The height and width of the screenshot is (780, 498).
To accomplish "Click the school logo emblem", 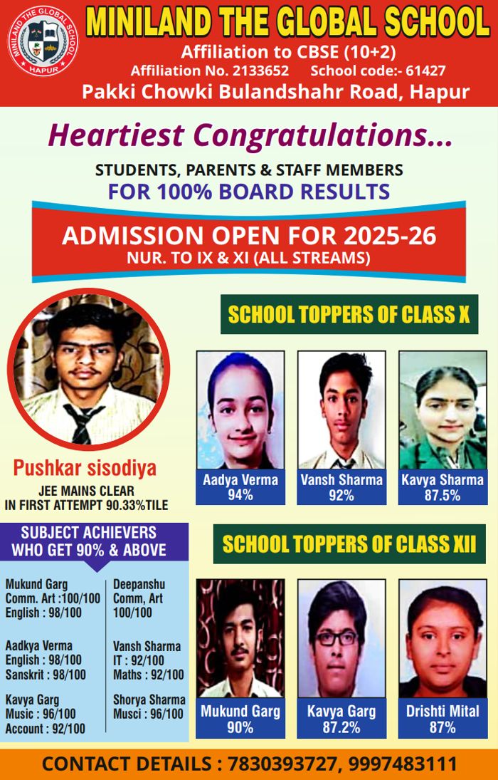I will pyautogui.click(x=43, y=41).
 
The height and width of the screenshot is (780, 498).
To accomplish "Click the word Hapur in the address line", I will pyautogui.click(x=441, y=92).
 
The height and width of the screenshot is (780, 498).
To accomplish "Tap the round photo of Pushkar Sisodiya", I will pyautogui.click(x=88, y=368).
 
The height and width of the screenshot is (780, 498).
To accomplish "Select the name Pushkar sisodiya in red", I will pyautogui.click(x=85, y=469).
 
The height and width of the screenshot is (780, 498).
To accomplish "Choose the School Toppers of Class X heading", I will pyautogui.click(x=349, y=315).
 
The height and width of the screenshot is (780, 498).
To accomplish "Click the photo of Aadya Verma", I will pyautogui.click(x=240, y=409).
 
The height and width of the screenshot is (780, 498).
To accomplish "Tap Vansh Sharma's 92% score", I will pyautogui.click(x=341, y=495).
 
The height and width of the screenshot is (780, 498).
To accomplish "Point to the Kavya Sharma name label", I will pyautogui.click(x=442, y=479).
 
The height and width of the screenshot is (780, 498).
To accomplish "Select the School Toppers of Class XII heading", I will pyautogui.click(x=349, y=544).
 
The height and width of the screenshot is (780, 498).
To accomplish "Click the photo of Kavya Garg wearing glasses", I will pyautogui.click(x=341, y=637).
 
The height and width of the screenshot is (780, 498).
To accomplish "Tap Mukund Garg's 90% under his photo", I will pyautogui.click(x=240, y=727).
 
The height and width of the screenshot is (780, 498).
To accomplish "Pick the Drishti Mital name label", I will pyautogui.click(x=442, y=711).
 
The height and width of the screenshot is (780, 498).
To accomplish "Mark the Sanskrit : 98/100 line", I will pyautogui.click(x=46, y=675).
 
